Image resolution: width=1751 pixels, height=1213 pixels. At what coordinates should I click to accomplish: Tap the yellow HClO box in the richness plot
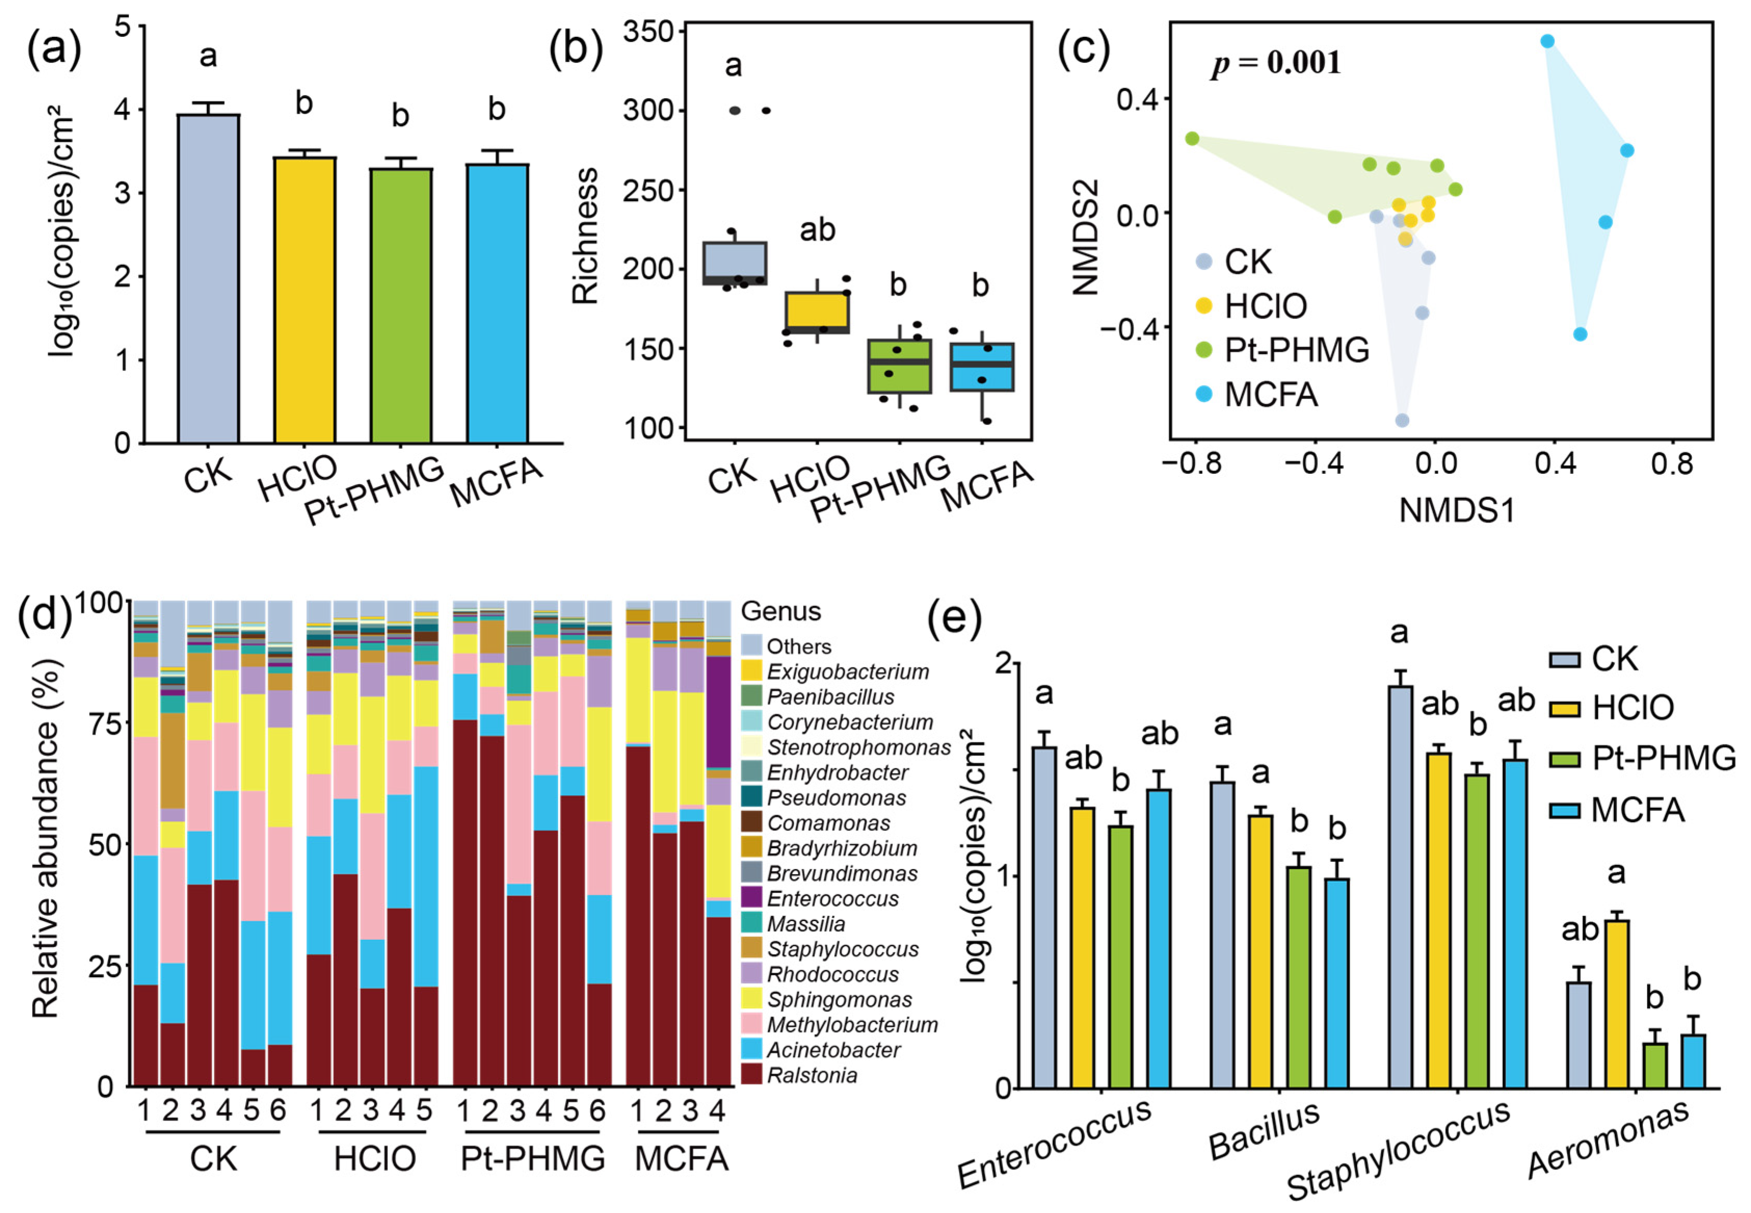pyautogui.click(x=817, y=312)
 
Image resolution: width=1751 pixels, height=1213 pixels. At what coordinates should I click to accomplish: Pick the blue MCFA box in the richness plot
pyautogui.click(x=982, y=367)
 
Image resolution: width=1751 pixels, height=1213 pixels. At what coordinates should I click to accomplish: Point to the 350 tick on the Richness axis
pyautogui.click(x=648, y=32)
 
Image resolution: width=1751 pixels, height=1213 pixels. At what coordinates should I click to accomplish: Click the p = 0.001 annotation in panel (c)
pyautogui.click(x=1276, y=63)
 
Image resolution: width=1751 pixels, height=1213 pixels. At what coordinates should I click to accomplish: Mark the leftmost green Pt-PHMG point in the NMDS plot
pyautogui.click(x=1193, y=138)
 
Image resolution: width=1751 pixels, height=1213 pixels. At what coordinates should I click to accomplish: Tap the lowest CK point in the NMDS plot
pyautogui.click(x=1402, y=420)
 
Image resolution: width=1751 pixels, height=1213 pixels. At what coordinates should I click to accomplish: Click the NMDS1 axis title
pyautogui.click(x=1457, y=510)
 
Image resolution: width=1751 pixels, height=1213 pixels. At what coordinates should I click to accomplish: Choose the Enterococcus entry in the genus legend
pyautogui.click(x=832, y=898)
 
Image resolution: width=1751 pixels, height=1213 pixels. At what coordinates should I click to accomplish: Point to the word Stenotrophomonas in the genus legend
pyautogui.click(x=858, y=747)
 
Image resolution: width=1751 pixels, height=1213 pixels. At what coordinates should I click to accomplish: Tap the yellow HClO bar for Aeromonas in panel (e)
pyautogui.click(x=1616, y=1003)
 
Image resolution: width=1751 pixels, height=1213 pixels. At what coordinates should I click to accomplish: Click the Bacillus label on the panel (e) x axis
pyautogui.click(x=1263, y=1132)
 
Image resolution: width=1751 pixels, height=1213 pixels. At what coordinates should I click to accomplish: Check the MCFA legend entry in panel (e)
pyautogui.click(x=1637, y=810)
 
